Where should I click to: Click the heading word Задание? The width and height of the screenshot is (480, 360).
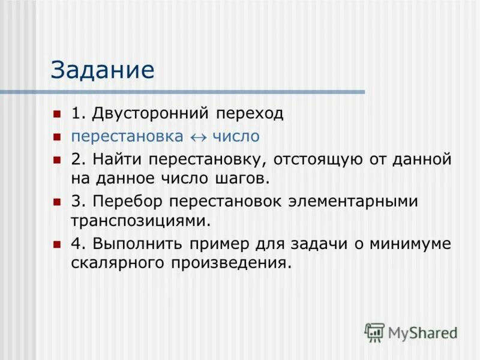point(103,70)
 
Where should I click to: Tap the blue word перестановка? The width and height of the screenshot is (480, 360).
point(127,136)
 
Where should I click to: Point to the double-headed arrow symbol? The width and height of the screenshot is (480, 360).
point(197,137)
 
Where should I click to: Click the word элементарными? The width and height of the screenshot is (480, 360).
point(344,202)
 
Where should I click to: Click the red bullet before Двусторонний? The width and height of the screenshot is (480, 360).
point(57,113)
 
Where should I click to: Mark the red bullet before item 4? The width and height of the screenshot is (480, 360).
point(57,244)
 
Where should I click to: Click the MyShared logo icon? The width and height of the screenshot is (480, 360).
point(375,332)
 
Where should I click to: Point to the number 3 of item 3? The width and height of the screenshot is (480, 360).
point(76,202)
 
